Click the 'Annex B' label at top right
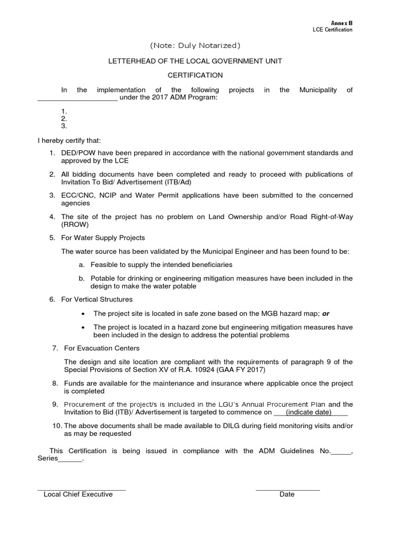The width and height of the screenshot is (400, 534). pos(342,23)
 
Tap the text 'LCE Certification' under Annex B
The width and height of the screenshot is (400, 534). pos(332,30)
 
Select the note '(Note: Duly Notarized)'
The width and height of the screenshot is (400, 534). pos(195,45)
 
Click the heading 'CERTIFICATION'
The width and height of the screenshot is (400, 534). pos(195,75)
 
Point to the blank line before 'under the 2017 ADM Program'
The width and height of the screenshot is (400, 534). pos(78,99)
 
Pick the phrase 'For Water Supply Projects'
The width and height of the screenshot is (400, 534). pos(103,238)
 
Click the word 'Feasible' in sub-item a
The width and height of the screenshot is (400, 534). pos(104,265)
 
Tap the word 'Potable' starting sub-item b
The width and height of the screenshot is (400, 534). pos(102,278)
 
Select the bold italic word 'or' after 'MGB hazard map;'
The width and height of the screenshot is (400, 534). pos(326,313)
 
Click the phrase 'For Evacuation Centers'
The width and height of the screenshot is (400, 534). pos(102,348)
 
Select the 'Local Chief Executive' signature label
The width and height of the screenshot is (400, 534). pos(78,494)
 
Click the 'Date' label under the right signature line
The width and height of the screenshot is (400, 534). pos(287,494)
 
